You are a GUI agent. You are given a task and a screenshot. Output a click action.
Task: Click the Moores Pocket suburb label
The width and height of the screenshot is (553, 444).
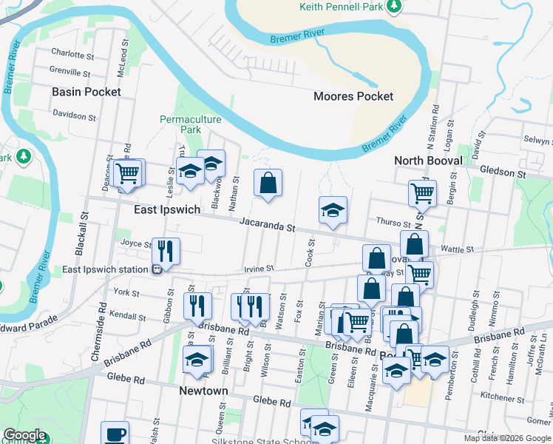(353, 96)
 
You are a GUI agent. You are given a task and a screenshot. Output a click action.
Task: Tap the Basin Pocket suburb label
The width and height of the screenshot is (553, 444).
(86, 92)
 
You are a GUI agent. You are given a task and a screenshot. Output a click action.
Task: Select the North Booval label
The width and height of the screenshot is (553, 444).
(428, 161)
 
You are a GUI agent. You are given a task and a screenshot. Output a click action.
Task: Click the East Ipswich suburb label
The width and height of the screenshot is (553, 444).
(167, 209)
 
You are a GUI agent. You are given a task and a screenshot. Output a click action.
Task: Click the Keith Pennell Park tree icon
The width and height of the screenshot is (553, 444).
(394, 7)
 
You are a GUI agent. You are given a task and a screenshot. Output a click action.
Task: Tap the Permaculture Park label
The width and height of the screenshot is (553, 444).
(180, 124)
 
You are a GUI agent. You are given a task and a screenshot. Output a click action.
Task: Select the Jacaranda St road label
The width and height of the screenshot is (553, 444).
(267, 223)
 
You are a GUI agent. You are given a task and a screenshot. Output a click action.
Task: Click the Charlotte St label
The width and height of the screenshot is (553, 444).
(72, 53)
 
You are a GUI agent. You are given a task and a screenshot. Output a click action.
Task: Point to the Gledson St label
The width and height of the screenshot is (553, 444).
(502, 173)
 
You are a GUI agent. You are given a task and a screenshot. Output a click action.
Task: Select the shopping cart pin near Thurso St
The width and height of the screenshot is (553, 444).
(422, 193)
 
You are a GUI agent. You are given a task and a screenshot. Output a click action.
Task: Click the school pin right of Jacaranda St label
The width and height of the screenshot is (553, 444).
(333, 210)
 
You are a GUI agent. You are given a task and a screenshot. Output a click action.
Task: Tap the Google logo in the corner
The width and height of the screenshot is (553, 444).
(24, 435)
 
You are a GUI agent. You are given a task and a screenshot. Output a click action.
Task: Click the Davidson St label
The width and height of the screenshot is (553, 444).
(74, 116)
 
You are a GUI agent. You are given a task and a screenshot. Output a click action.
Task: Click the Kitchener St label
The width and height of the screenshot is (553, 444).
(502, 397)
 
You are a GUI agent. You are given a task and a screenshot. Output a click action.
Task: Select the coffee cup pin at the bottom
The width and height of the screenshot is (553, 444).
(115, 434)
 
